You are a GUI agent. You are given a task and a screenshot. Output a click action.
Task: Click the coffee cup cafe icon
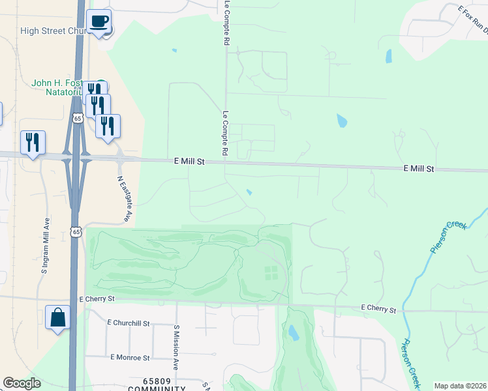(99, 22)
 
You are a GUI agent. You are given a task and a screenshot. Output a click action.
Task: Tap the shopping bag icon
(58, 318)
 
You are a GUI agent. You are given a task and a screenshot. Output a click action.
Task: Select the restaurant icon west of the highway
(33, 143)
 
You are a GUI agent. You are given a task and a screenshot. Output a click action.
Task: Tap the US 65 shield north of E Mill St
(78, 118)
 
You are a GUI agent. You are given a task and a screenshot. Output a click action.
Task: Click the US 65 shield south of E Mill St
(76, 231)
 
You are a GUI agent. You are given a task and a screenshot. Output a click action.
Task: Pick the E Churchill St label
(129, 323)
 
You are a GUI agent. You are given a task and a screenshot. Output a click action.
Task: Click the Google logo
(22, 383)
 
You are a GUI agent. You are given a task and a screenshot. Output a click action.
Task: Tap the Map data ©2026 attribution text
(460, 386)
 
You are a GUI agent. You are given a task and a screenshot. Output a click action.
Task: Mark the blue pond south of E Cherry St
(294, 333)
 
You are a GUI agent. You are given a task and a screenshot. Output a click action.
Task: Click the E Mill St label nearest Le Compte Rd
(190, 161)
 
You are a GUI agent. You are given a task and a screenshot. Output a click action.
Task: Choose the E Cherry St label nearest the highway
(97, 299)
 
